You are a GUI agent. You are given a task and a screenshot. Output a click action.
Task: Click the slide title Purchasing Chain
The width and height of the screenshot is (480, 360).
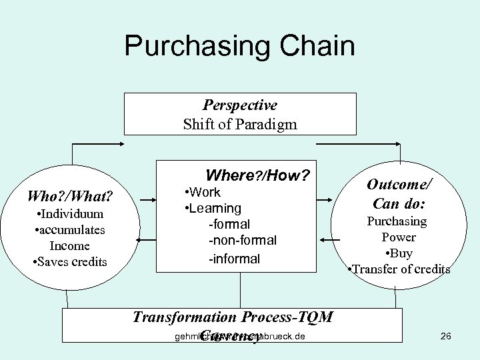tap(239, 47)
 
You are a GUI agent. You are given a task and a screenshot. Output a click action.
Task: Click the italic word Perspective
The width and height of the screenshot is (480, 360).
tap(240, 105)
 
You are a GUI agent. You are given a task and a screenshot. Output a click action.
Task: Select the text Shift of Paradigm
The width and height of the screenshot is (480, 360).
tap(240, 124)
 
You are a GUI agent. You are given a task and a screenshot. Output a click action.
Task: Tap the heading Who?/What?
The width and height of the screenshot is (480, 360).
tap(69, 197)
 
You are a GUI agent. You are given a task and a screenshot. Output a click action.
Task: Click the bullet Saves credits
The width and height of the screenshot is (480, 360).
tap(70, 261)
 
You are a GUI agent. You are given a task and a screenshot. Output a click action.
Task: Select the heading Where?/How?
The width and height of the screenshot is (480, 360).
tap(258, 176)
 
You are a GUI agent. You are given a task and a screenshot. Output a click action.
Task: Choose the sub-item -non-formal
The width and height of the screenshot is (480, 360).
tap(243, 240)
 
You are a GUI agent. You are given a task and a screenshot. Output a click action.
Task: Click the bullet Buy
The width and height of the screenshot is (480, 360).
tap(400, 253)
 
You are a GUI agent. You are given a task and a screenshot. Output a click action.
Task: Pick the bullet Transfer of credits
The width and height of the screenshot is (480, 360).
tap(400, 269)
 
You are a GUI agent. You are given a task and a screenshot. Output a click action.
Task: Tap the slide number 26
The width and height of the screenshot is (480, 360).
tap(446, 336)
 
